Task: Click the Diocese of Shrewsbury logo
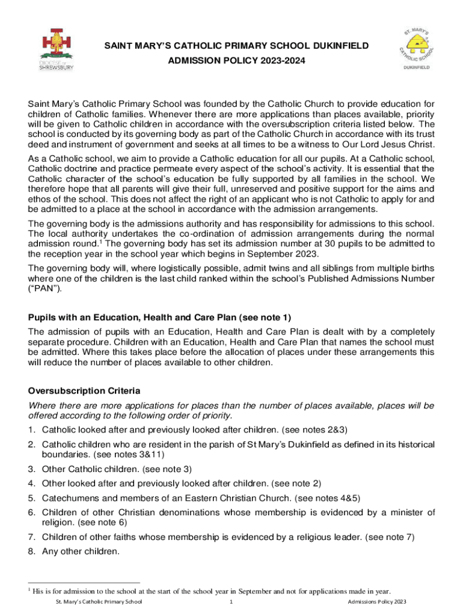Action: point(57,50)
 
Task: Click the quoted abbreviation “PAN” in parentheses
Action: point(45,288)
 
